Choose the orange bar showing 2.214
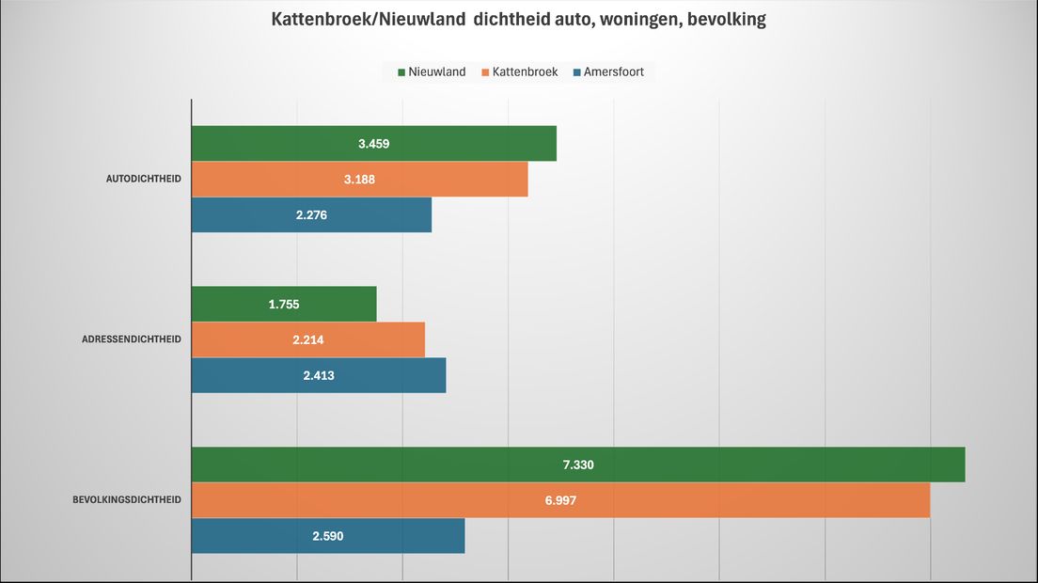pos(376,339)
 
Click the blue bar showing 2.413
pos(395,375)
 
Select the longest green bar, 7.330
pos(752,465)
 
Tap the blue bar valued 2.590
pos(404,536)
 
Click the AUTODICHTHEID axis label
pos(143,179)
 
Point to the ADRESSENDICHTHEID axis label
pos(132,339)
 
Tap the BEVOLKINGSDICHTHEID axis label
pos(127,500)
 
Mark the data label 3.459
pos(373,144)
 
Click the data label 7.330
pos(578,465)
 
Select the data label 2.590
pos(328,536)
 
